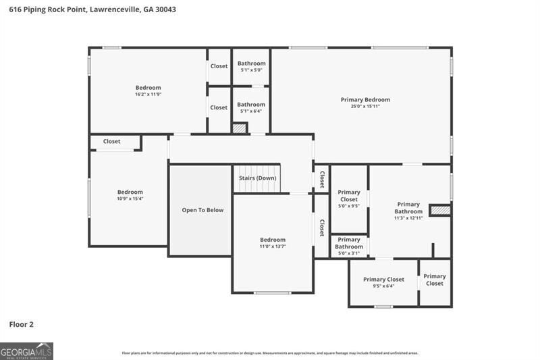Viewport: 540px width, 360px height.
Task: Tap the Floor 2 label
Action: (21, 324)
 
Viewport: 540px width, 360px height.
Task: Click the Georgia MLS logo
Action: (27, 351)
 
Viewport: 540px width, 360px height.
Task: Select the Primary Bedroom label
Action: (365, 99)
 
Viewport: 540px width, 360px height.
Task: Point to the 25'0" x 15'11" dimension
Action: (365, 106)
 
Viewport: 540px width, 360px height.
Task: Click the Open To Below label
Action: (202, 210)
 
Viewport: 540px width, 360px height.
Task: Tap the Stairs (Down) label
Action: (258, 178)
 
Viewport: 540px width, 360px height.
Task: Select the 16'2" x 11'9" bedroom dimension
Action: (148, 94)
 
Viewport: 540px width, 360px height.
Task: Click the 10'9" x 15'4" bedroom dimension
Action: (130, 199)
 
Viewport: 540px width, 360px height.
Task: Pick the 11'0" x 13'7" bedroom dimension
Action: (273, 247)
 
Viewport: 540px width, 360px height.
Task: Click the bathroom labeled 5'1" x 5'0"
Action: (251, 66)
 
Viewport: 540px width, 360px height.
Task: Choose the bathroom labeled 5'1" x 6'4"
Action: (251, 107)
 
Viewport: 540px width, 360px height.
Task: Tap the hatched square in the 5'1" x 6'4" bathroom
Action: (240, 128)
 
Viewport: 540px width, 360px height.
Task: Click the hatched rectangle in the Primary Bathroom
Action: (440, 211)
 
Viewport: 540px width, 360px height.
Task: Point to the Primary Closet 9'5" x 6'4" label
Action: (383, 282)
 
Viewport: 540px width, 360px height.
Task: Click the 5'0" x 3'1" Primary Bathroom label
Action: (349, 247)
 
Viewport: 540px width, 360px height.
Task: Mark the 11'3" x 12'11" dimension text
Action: (408, 218)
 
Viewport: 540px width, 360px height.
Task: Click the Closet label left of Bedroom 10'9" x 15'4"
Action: (112, 141)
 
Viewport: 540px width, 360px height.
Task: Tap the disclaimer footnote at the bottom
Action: (269, 353)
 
